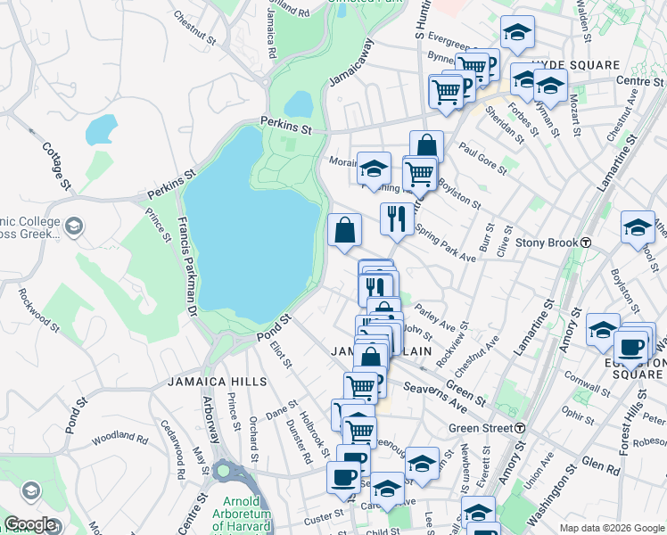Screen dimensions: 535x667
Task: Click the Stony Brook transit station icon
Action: [x=587, y=243]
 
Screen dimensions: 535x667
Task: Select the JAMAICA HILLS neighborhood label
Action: [x=217, y=382]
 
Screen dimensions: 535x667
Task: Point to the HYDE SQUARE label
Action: [x=575, y=66]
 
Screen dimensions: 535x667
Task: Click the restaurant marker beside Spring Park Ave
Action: [x=397, y=218]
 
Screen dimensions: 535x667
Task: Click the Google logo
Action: [x=30, y=524]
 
